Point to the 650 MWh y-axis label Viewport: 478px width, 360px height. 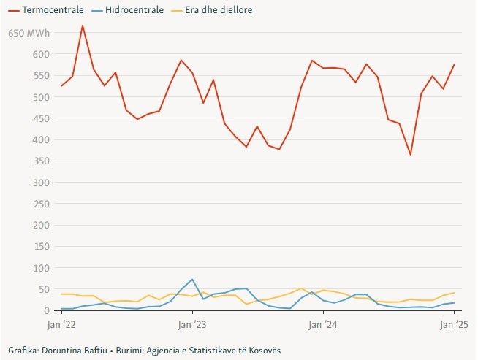coord(29,34)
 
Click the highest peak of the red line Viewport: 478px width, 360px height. coord(83,26)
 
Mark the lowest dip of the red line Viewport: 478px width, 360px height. coord(410,155)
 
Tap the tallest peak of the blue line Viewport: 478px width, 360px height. coord(191,279)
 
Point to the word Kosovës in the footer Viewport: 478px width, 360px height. coord(264,351)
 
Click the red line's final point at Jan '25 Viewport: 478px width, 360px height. coord(454,64)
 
